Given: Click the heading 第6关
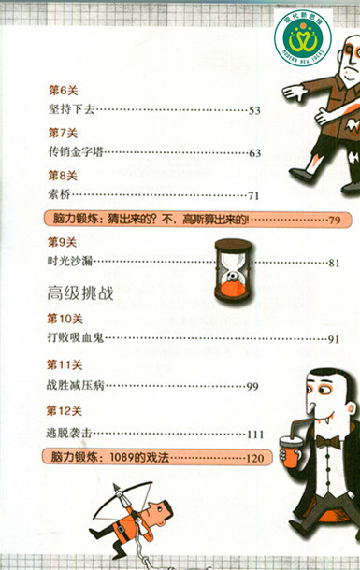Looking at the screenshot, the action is [64, 90].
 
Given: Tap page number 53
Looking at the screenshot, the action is [254, 110].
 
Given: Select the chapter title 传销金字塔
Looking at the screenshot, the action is [76, 151].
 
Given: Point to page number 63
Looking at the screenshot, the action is [254, 153].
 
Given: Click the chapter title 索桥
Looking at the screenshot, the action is [59, 194].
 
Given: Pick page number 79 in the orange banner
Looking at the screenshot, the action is [334, 220].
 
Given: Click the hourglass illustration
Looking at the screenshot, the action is [233, 270].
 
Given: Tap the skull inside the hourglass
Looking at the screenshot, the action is [231, 277].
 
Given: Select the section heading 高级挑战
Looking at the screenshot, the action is [80, 293].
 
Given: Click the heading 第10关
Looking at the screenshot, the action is [65, 319].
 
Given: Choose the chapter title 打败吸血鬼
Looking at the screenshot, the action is [76, 337].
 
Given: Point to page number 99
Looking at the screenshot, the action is [252, 386].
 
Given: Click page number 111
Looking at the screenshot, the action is [255, 435].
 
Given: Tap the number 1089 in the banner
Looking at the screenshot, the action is [122, 457].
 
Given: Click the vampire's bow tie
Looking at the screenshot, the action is [327, 441].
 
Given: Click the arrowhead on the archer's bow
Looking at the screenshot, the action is [117, 488].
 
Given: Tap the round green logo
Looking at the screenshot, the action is [303, 37].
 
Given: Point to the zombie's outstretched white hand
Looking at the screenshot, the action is [294, 92].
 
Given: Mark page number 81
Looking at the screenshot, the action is [334, 263].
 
